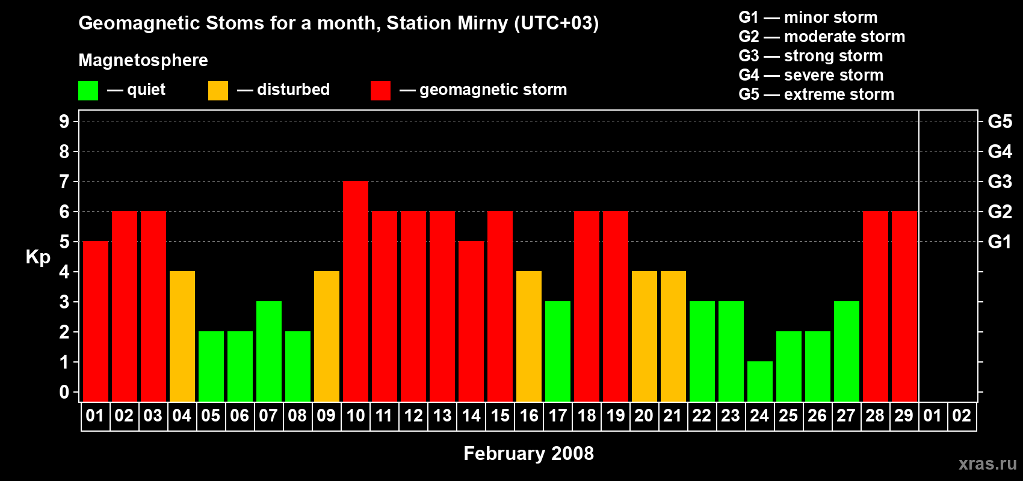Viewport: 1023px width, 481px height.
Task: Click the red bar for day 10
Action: tap(356, 292)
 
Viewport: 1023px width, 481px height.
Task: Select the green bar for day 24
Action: tap(760, 382)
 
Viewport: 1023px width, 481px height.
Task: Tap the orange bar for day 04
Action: tap(182, 337)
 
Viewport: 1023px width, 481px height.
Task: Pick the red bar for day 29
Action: tap(904, 307)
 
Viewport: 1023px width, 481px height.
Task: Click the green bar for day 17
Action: tap(558, 352)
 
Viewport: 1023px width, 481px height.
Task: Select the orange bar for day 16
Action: tap(529, 337)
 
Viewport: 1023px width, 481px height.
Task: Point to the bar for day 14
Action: tap(471, 322)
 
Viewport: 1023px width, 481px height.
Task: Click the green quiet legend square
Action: tap(88, 91)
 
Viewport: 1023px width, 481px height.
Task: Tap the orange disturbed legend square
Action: tap(218, 91)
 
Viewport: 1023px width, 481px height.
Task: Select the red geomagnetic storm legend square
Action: tap(381, 91)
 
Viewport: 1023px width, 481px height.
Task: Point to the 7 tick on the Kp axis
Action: tap(64, 182)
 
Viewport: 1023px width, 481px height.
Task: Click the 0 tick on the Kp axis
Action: tap(64, 393)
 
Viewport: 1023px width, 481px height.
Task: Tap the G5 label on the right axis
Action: tap(1000, 121)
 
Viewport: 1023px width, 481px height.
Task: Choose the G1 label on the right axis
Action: tap(1000, 242)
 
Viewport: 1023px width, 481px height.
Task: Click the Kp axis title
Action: tap(38, 257)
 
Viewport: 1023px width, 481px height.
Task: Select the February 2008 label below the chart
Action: tap(528, 453)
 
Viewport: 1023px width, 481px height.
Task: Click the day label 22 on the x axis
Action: tap(702, 416)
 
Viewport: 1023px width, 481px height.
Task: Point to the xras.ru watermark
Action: tap(987, 464)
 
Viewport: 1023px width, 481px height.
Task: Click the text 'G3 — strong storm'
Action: tap(811, 56)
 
